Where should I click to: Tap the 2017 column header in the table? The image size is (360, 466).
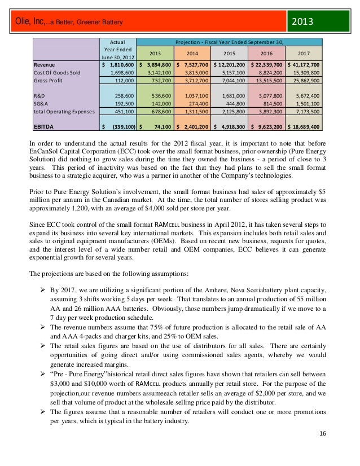(x=303, y=53)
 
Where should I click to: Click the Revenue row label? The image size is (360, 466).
(x=45, y=65)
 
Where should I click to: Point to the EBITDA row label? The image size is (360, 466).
(x=46, y=127)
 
